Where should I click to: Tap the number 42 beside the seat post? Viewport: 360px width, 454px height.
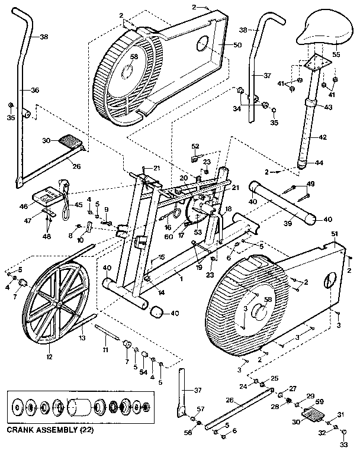point(323,137)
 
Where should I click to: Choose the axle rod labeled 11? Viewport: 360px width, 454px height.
point(107,335)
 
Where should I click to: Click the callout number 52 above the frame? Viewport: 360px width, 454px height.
point(195,146)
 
